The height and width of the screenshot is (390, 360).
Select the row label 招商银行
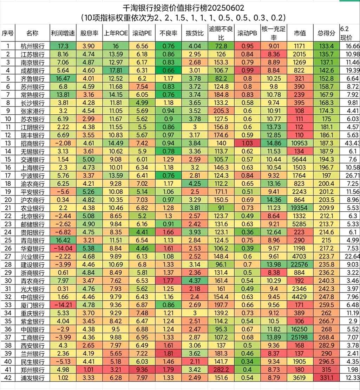tap(33, 143)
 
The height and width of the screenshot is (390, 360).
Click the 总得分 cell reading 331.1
tap(326, 377)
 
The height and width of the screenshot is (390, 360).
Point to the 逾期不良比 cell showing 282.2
tap(221, 369)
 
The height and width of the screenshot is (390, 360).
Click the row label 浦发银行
tap(33, 377)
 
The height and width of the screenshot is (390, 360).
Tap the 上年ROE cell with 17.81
tap(115, 70)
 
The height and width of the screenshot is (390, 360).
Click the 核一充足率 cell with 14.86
tap(274, 143)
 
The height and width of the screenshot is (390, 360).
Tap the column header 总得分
tap(326, 33)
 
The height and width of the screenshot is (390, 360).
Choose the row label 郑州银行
tap(33, 369)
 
